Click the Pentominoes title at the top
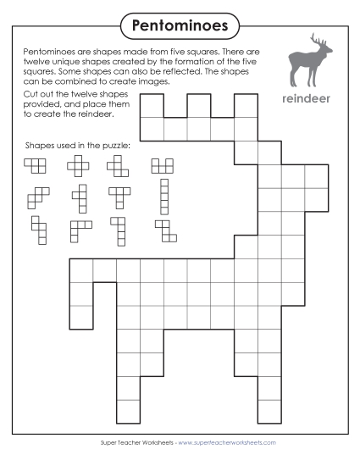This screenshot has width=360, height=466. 180,25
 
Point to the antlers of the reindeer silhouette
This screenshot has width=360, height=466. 318,41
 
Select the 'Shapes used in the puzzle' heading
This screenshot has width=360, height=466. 78,146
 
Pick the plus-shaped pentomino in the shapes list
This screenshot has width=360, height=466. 80,166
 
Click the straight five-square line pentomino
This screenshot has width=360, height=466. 163,196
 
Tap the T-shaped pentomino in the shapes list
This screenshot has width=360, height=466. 119,196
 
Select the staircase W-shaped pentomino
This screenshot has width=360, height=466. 36,198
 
